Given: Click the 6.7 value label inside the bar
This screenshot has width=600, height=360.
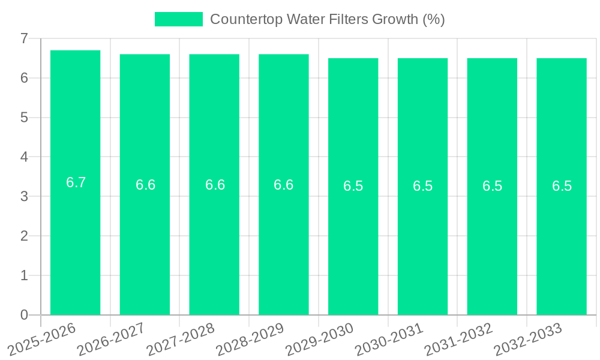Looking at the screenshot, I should pyautogui.click(x=76, y=182).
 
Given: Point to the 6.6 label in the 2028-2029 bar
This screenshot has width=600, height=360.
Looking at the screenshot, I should pyautogui.click(x=284, y=185).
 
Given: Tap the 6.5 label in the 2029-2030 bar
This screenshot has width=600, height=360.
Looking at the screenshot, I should pyautogui.click(x=353, y=186).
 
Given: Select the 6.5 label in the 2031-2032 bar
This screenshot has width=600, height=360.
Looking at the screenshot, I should pyautogui.click(x=492, y=186).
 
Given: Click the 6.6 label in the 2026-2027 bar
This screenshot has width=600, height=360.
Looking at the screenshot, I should pyautogui.click(x=145, y=185).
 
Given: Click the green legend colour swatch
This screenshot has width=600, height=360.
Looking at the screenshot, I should pyautogui.click(x=179, y=19).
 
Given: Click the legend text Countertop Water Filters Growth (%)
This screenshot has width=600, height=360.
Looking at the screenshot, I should pyautogui.click(x=327, y=19).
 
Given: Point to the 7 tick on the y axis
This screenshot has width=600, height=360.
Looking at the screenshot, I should pyautogui.click(x=24, y=38).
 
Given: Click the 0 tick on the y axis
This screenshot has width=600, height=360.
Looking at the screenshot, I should pyautogui.click(x=24, y=315).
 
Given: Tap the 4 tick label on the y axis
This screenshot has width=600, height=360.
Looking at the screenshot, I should pyautogui.click(x=24, y=157).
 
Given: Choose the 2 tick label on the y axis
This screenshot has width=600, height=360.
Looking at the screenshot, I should pyautogui.click(x=24, y=236).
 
